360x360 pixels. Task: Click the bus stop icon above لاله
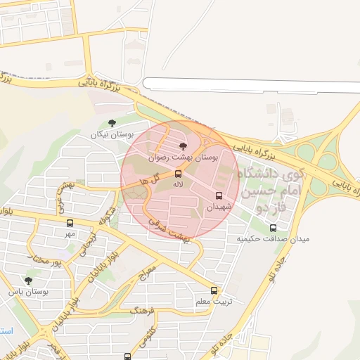pos(178,173)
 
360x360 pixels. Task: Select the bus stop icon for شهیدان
pos(219,195)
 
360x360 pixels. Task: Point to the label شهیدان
pos(219,207)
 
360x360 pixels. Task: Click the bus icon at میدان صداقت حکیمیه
pos(274,227)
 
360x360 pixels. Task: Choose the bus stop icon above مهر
pos(70,223)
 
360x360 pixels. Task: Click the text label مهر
pos(70,233)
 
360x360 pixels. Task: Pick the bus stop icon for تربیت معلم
pos(214,290)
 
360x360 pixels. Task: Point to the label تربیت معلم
pos(212,302)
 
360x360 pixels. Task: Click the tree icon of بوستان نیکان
pos(112,123)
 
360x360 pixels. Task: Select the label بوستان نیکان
pos(112,134)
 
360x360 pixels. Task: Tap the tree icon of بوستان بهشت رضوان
pos(184,146)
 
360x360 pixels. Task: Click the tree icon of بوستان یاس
pos(29,280)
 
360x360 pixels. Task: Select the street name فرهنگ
pos(143,308)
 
